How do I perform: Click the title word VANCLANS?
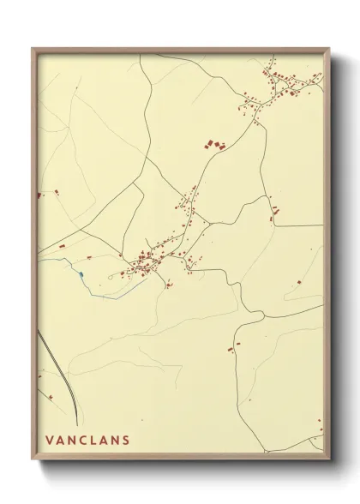(x=88, y=442)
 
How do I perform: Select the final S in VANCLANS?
(x=126, y=442)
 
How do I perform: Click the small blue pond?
(x=80, y=273)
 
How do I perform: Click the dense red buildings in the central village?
(x=146, y=261)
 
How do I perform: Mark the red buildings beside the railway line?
(x=51, y=397)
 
